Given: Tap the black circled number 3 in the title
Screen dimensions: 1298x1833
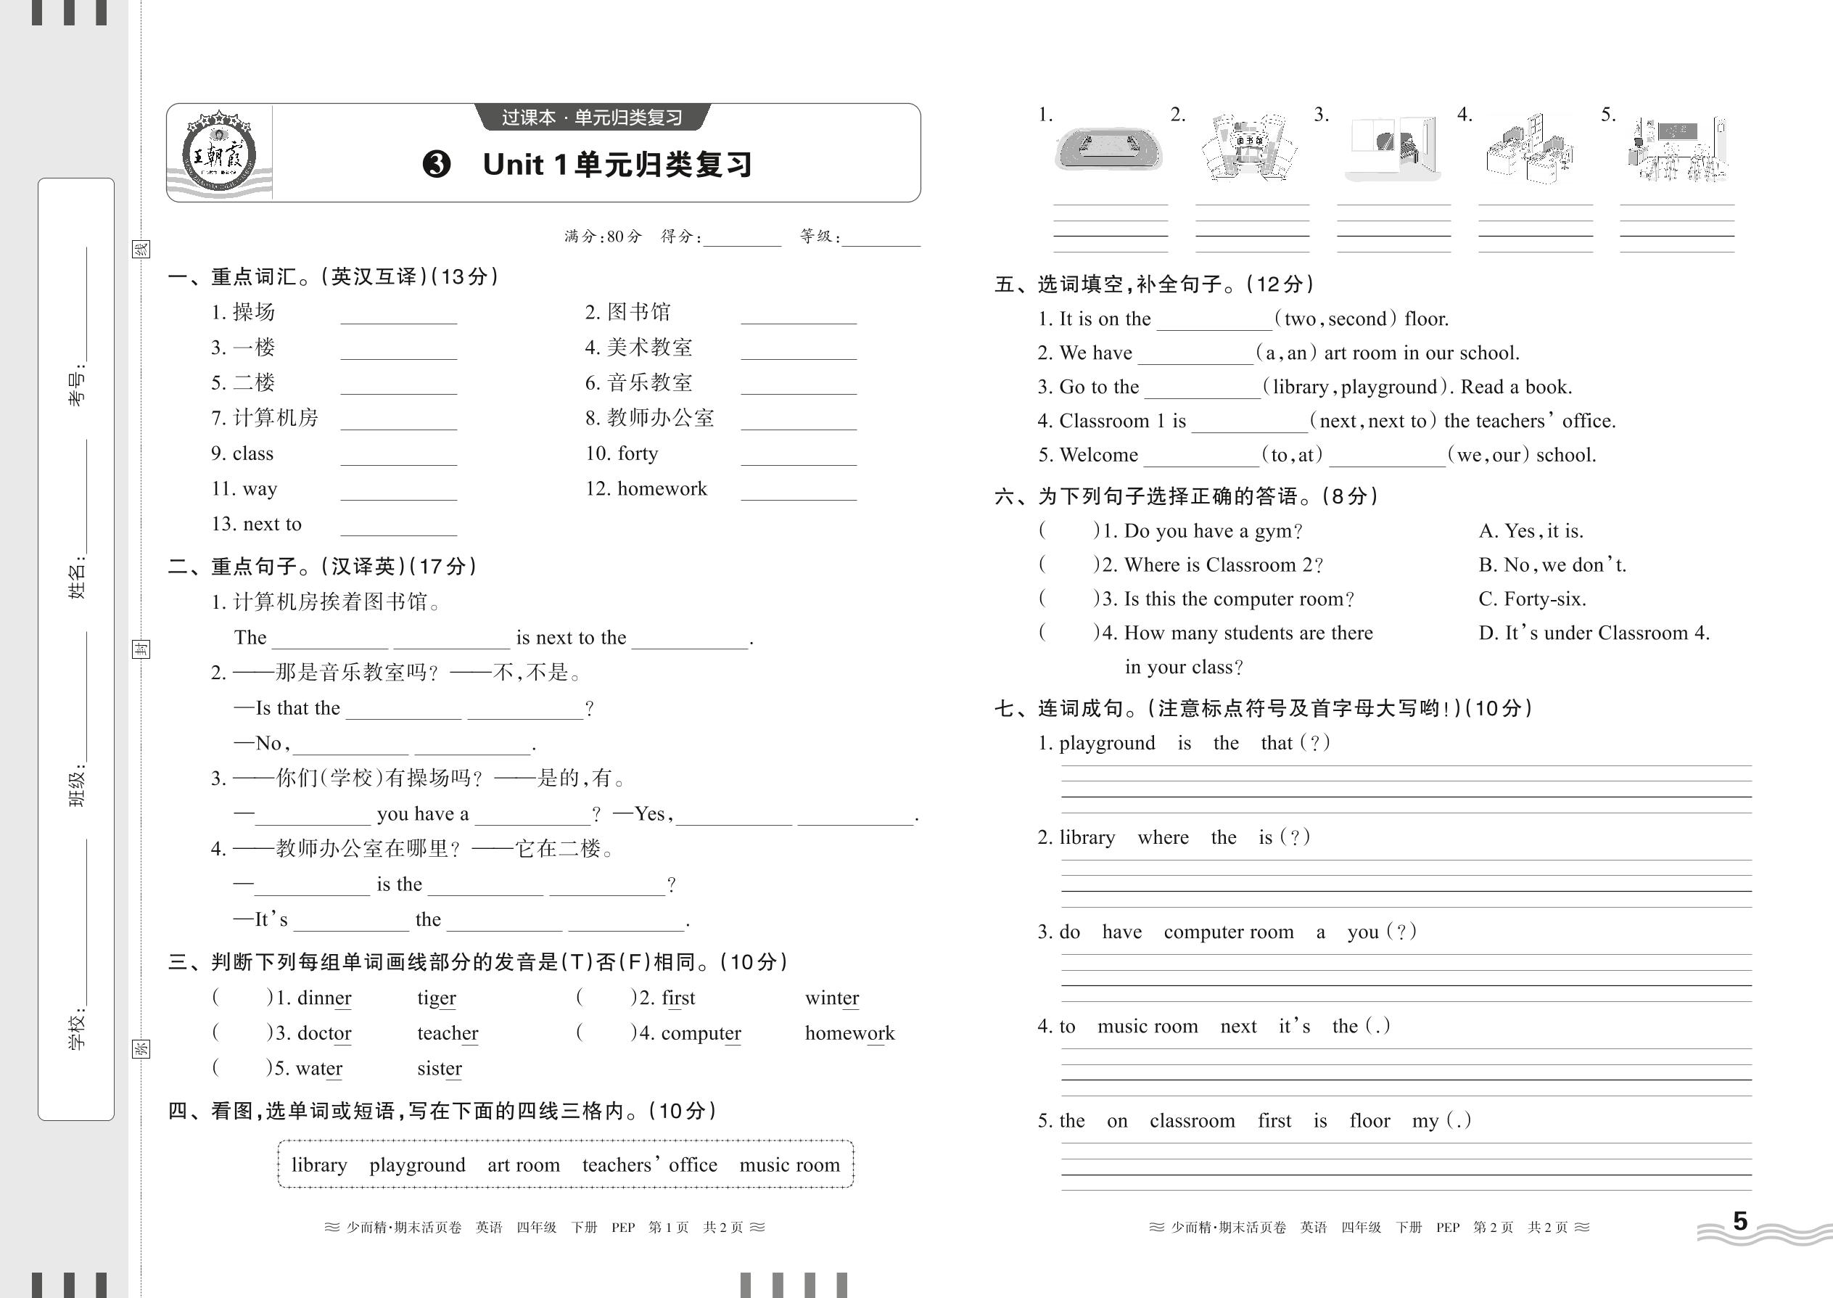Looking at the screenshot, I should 436,165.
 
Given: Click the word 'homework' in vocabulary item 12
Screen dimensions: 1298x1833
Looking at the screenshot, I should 662,488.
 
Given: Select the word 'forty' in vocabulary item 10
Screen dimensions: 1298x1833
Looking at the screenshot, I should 638,453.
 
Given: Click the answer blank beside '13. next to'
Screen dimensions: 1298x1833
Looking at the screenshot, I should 398,526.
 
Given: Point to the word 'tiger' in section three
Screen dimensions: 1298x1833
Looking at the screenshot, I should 436,998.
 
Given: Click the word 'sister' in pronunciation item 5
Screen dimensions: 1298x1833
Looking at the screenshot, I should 440,1068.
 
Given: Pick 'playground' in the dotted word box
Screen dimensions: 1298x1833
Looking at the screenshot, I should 417,1164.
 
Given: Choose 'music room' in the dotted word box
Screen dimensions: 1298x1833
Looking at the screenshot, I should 789,1164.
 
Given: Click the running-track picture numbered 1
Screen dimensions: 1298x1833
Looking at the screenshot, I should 1109,149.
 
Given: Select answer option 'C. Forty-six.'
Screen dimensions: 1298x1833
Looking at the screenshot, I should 1532,599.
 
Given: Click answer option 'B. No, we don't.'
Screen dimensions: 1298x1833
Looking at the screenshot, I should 1552,565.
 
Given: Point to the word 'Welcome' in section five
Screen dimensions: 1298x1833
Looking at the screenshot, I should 1099,455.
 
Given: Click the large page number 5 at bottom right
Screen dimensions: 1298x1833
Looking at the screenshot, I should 1740,1220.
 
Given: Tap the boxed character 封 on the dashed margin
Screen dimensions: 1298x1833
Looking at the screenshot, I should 141,649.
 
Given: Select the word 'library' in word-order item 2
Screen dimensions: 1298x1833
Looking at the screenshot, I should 1087,837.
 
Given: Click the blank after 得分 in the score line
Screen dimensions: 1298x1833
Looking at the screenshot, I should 741,238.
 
